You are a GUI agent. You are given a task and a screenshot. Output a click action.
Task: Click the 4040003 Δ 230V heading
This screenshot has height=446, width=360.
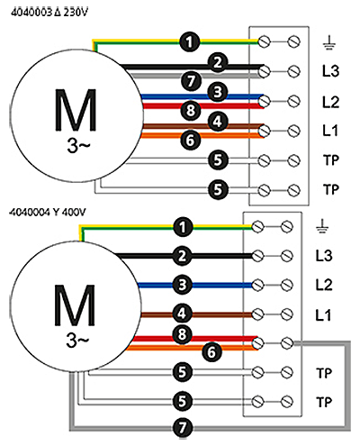click(49, 13)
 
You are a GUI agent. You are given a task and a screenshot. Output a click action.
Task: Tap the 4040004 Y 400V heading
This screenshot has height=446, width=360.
click(48, 213)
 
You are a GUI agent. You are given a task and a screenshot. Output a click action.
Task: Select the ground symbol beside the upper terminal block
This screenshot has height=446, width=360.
click(329, 42)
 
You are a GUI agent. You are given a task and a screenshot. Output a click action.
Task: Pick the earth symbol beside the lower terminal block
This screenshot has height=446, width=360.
click(322, 227)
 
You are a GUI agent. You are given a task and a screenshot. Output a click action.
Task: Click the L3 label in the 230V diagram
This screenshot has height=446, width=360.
click(330, 71)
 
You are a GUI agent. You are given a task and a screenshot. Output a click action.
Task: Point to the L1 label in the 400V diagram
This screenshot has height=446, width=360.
click(323, 315)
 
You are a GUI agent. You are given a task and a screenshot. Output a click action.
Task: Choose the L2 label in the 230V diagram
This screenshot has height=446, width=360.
click(330, 102)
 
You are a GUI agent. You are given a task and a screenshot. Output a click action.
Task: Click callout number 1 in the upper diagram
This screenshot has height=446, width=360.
click(190, 41)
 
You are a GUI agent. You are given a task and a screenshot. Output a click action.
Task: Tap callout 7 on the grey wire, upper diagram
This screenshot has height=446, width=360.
click(191, 81)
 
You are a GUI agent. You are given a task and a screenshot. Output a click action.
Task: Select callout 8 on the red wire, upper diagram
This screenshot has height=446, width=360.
click(191, 110)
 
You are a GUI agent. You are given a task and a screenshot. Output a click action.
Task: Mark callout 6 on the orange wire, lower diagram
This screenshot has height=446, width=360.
click(211, 351)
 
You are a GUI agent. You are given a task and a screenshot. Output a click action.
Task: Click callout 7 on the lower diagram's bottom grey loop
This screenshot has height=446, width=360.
click(183, 427)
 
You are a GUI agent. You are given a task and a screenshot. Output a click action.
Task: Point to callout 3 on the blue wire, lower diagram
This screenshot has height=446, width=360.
click(183, 285)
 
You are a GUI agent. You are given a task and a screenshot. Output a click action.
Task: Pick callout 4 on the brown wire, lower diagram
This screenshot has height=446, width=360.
click(183, 314)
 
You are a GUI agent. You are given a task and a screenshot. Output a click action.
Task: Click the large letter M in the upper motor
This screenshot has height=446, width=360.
click(76, 111)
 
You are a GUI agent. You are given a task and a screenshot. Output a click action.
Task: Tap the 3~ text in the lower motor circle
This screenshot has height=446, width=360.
click(77, 341)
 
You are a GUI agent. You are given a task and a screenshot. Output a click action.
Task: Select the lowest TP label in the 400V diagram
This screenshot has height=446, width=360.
click(324, 402)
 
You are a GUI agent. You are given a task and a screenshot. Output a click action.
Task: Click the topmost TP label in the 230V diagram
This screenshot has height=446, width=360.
click(331, 160)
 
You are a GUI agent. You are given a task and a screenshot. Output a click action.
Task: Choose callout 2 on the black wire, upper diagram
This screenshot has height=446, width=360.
click(218, 62)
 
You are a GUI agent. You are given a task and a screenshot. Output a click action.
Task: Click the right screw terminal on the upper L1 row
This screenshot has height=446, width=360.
click(293, 131)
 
